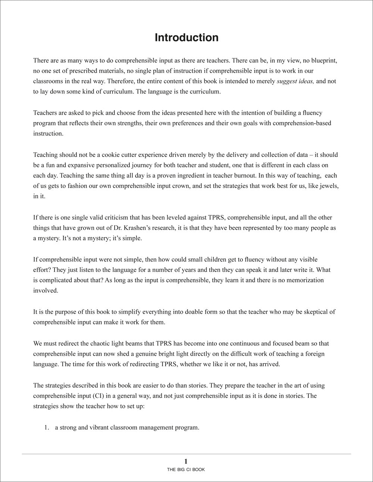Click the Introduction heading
(186, 38)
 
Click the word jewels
(329, 186)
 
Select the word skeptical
(315, 312)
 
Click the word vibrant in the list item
(95, 427)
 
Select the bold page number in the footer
(186, 462)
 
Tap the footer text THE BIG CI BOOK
(186, 469)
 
